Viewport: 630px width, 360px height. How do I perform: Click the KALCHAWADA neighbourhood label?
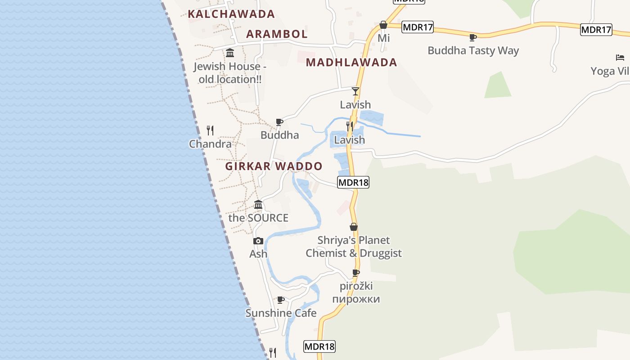pos(231,14)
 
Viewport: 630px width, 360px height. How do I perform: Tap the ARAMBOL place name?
pos(277,34)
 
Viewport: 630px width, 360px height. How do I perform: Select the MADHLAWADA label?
pos(351,63)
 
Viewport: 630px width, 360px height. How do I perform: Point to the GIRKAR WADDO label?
pos(274,166)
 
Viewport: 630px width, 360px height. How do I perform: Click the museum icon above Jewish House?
pos(230,53)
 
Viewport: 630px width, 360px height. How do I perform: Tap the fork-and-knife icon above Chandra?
pos(210,130)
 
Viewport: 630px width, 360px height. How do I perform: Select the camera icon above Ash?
pos(258,241)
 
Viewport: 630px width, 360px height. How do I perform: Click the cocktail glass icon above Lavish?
pos(355,91)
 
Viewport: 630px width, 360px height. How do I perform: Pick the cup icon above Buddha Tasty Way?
pos(472,37)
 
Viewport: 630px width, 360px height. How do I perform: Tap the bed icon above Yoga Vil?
pos(620,58)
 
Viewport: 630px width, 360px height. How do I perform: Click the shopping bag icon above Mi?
pos(383,25)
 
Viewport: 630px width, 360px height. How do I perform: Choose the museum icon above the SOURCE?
pos(258,205)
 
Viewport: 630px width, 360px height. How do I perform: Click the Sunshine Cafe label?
pos(281,313)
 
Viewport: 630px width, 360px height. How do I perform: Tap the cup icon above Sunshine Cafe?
pos(281,300)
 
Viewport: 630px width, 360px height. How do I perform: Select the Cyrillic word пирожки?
pos(356,299)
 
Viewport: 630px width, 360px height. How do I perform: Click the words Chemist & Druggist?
pos(354,253)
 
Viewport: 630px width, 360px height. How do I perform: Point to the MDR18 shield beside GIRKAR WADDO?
pos(353,182)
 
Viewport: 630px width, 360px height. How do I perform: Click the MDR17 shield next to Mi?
pos(418,27)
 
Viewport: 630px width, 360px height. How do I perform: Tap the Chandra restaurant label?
pos(210,144)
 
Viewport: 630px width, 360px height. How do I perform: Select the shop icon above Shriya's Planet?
pos(354,227)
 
